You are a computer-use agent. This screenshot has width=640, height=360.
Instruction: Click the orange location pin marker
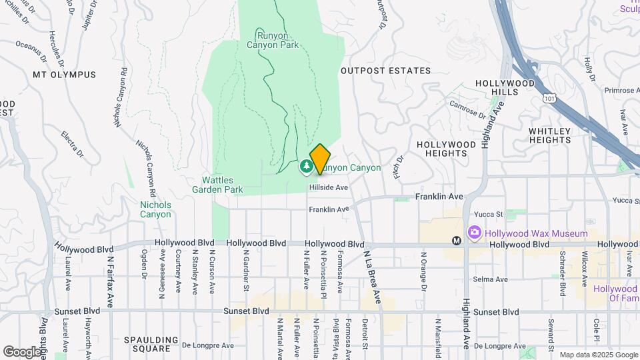point(320,159)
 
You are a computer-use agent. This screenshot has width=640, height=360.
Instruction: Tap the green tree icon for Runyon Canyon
point(306,165)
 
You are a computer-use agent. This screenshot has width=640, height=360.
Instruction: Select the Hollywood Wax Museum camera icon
point(475,233)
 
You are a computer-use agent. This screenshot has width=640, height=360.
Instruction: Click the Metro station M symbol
point(457,241)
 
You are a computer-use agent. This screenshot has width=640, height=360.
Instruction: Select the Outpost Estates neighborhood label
point(385,71)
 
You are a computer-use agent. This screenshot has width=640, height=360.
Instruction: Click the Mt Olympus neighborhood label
point(64,75)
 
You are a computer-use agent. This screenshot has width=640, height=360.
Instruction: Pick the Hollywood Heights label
point(441,149)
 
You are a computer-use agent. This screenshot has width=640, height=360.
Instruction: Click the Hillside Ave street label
point(328,188)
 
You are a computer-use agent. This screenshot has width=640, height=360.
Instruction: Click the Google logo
point(22,351)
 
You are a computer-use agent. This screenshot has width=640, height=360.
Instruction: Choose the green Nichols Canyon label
point(155,209)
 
